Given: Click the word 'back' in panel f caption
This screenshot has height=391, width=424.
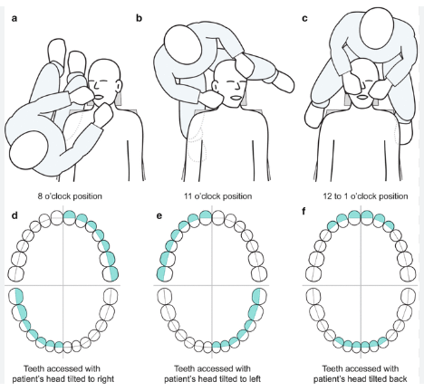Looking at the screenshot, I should click(391, 381).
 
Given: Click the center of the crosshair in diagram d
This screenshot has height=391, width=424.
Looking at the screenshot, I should click(64, 283).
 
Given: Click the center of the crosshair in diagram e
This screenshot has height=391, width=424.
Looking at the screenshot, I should click(209, 283).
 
